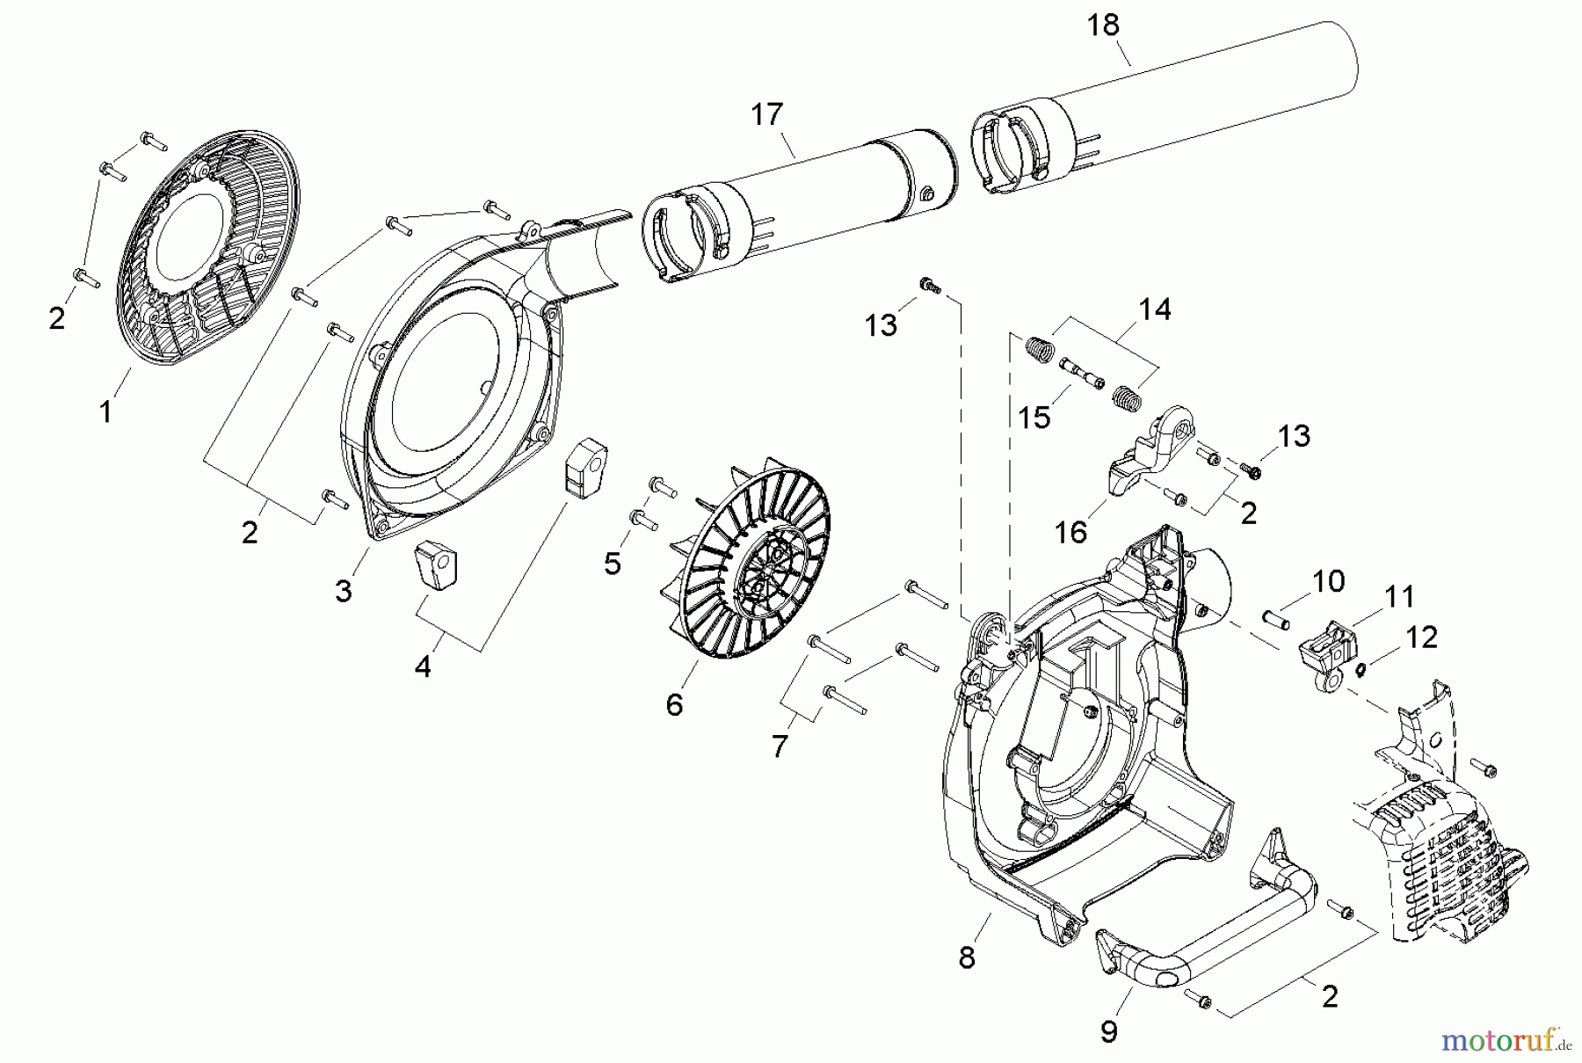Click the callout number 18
1103,25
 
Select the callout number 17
766,114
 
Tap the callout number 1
105,411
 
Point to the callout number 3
343,591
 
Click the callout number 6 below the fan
674,704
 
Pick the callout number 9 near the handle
1109,1030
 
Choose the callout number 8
967,957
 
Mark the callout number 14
1155,309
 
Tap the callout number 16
1071,532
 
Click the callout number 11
1399,597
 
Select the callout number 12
1422,637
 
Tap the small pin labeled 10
1276,619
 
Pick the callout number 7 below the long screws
780,746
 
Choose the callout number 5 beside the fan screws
613,563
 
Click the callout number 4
423,666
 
